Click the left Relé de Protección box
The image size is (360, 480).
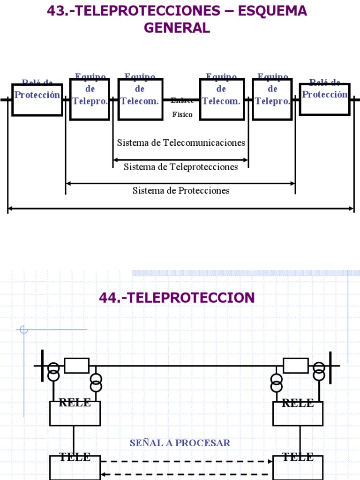click(37, 99)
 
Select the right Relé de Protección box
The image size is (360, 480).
click(324, 99)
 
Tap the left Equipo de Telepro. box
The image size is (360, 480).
click(90, 99)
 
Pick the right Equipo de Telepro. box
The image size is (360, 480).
click(272, 99)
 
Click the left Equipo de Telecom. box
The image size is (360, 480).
click(140, 99)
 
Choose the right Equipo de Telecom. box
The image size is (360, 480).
click(222, 99)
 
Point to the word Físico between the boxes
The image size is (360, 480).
click(182, 114)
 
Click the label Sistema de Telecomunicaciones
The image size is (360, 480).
click(181, 142)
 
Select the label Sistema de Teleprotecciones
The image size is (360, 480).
click(180, 167)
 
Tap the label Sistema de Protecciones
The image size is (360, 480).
click(181, 190)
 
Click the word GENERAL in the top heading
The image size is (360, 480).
click(177, 28)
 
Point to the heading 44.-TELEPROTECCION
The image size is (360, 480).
click(177, 297)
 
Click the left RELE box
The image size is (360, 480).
click(75, 412)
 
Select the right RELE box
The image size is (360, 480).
click(298, 412)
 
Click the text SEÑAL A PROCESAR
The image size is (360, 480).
click(180, 443)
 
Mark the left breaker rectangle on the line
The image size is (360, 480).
click(76, 365)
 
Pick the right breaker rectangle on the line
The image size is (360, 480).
click(296, 365)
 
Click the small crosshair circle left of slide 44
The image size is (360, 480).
click(24, 330)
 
